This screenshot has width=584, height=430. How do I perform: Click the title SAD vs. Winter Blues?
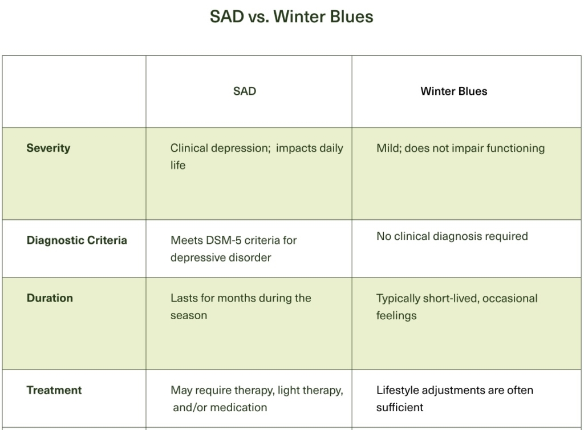point(291,16)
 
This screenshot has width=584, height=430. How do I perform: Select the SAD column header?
point(245,91)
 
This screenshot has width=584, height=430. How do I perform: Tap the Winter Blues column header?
point(454,91)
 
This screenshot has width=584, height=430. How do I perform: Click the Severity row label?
point(48,148)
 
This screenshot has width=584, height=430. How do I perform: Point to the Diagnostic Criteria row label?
point(77,240)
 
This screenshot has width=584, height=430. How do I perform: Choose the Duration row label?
point(50,298)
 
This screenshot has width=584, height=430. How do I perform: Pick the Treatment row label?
point(54,390)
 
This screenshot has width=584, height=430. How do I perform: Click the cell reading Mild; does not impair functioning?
point(460,148)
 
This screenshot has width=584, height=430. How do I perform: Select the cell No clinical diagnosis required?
point(452,236)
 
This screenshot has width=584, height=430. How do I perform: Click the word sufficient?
point(400,408)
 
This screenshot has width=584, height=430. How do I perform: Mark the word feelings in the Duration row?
point(396,315)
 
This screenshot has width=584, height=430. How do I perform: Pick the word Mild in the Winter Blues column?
point(388,148)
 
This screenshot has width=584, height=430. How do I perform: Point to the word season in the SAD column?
point(189,315)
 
